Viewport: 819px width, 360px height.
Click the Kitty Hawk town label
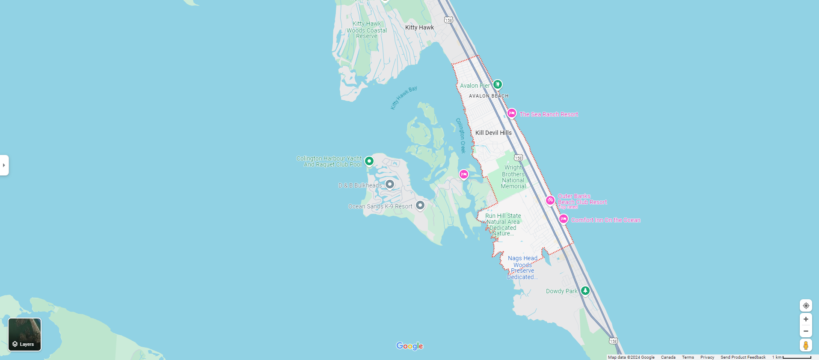point(419,27)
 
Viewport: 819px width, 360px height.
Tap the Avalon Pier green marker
point(497,84)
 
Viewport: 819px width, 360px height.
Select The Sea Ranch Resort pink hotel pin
point(511,113)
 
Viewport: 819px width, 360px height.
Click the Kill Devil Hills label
point(493,133)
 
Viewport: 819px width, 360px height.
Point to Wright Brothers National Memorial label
point(513,177)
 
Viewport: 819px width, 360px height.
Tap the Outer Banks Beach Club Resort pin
point(550,200)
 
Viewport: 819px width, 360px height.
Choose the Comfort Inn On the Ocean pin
point(564,219)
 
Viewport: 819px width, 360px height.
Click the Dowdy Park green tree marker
point(585,291)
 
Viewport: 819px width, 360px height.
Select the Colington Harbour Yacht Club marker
point(369,161)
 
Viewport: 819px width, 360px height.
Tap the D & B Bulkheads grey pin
point(389,184)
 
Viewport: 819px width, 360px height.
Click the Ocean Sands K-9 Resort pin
point(420,205)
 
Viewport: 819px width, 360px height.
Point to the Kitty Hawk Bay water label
point(404,98)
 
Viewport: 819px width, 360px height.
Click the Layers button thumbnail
point(25,334)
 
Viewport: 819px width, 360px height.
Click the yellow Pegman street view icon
point(806,345)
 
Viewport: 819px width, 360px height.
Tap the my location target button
point(806,306)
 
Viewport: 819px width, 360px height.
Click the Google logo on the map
point(409,346)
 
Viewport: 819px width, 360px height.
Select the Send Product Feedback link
point(743,357)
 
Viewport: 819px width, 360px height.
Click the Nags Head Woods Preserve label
point(522,268)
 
